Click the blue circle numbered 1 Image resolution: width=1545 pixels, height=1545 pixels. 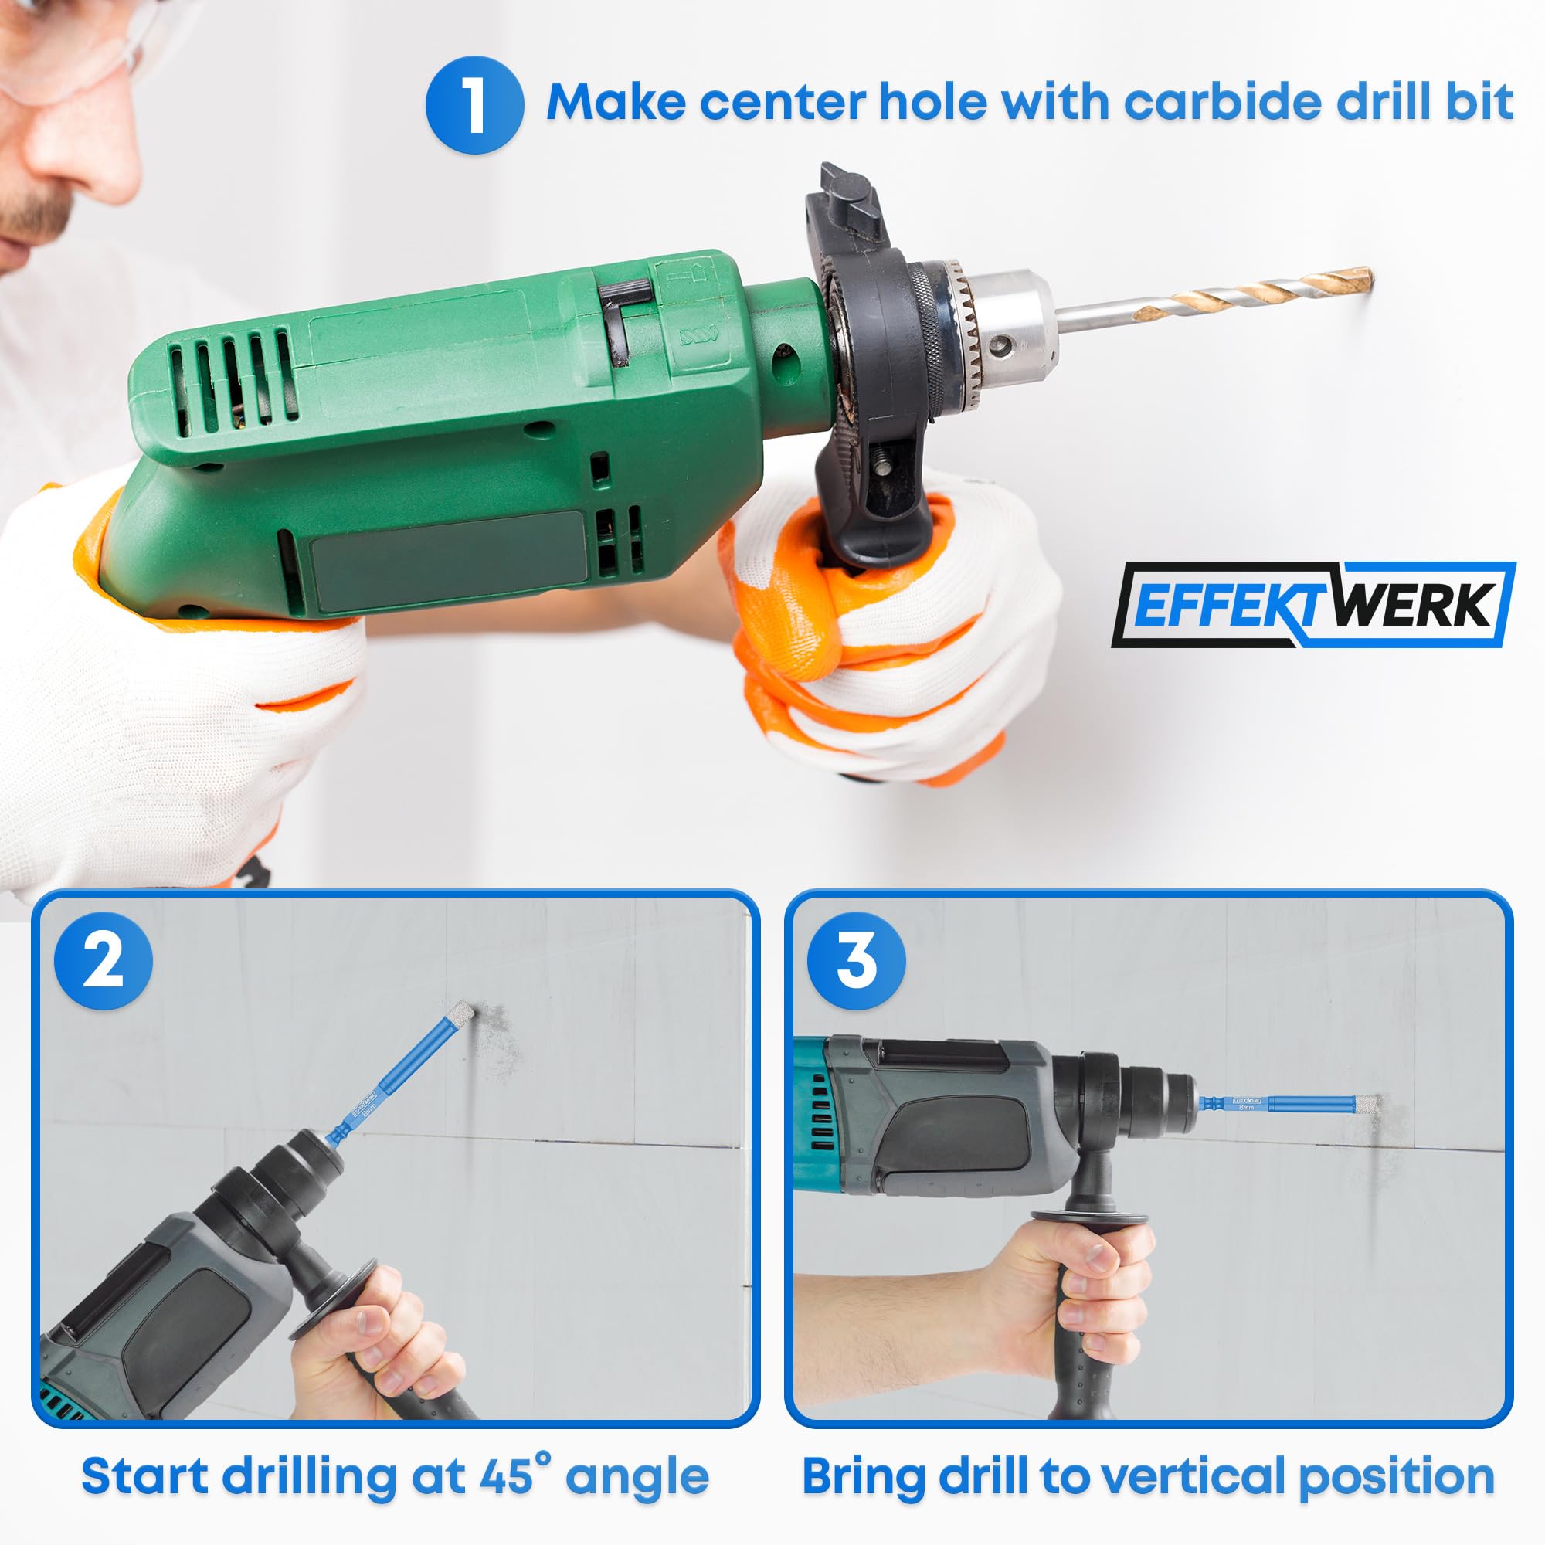coord(474,105)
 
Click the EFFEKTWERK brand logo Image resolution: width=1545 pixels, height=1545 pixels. coord(1313,605)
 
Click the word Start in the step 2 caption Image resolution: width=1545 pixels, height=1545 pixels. coord(145,1476)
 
